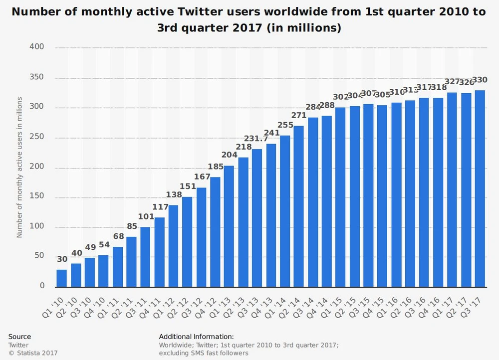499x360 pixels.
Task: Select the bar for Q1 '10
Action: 61,278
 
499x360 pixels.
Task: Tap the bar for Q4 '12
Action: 215,232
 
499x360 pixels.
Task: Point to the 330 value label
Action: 480,80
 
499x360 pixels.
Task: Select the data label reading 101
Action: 145,217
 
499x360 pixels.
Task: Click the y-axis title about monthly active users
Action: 20,167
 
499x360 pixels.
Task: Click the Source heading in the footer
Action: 19,337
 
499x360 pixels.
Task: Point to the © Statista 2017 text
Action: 33,353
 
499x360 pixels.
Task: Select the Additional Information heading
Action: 196,337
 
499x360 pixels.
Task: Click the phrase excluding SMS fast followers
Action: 204,353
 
